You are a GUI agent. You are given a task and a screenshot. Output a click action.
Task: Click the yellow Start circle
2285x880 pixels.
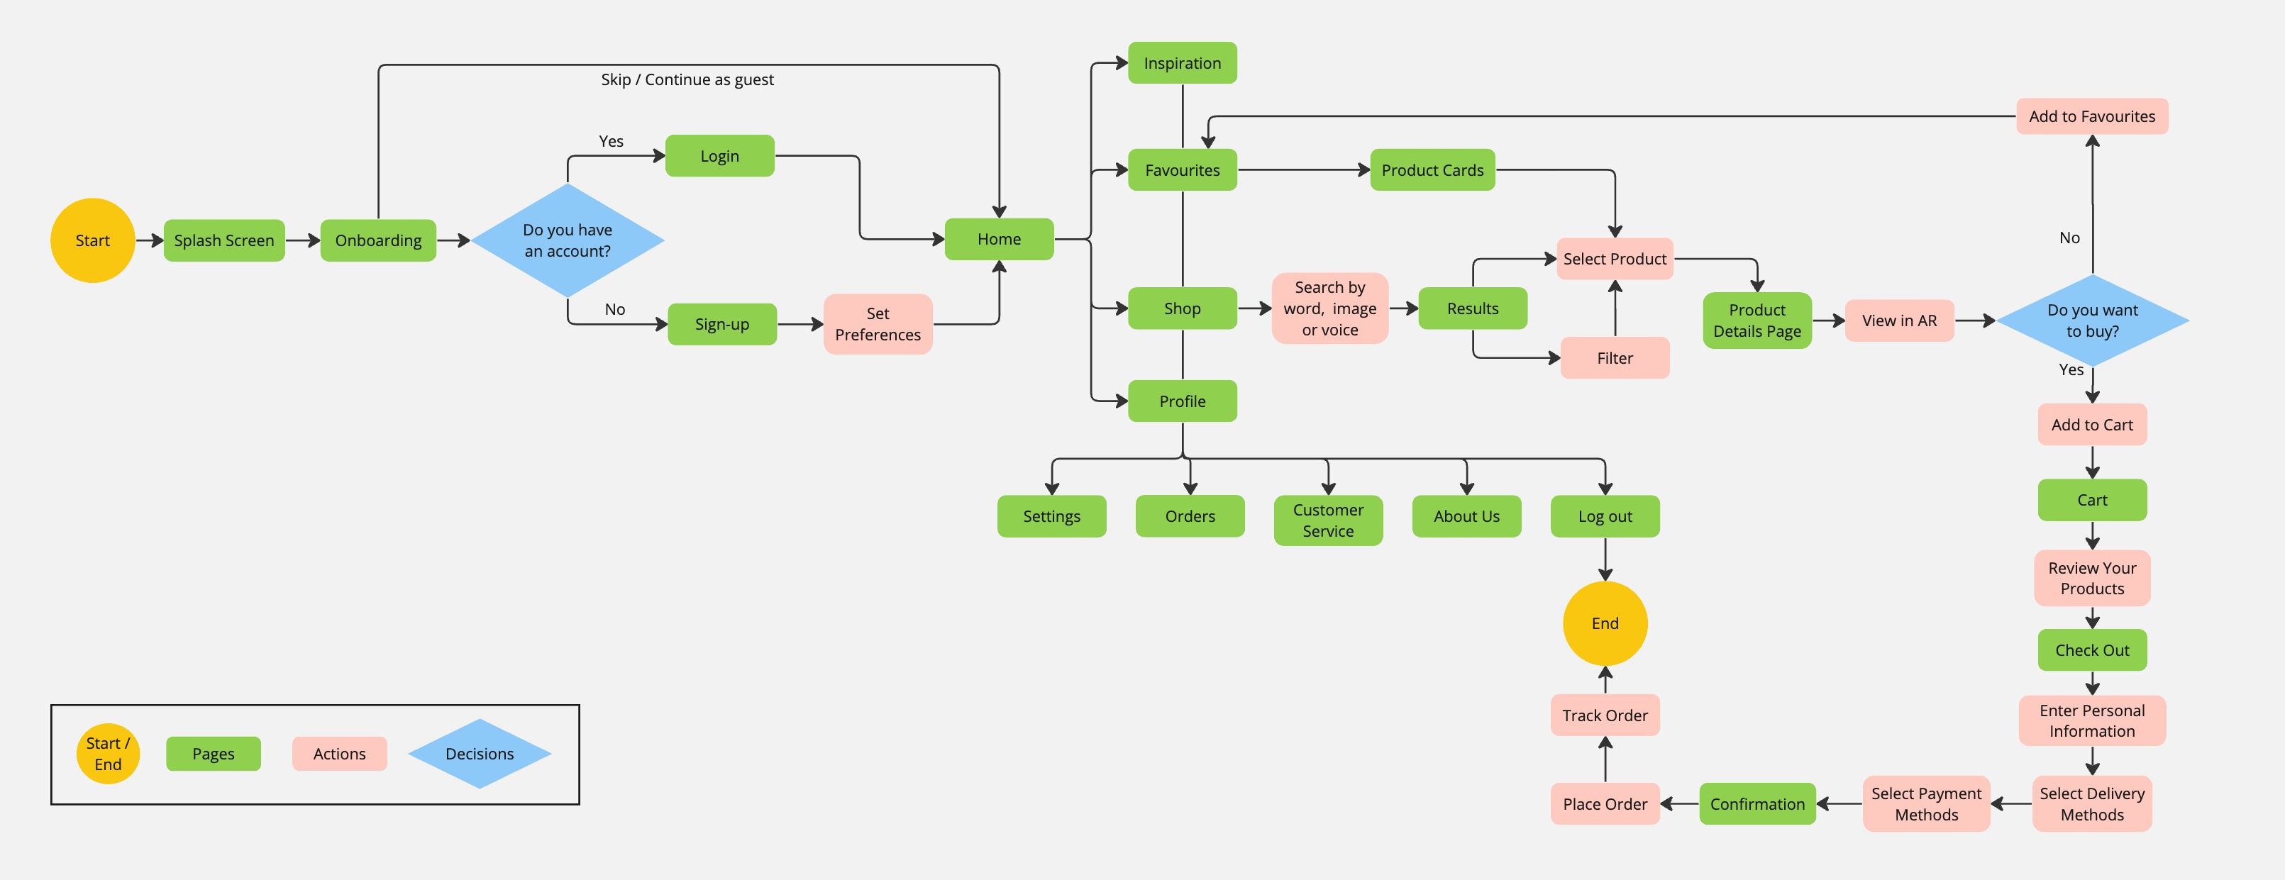coord(92,240)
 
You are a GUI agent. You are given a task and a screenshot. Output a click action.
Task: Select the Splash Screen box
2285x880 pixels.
coord(223,240)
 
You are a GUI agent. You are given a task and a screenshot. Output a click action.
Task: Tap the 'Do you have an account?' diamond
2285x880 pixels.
coord(567,240)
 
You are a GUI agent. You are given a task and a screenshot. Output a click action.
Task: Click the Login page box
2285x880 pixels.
coord(719,156)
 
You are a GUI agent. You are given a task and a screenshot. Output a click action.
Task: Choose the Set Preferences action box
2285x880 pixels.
coord(878,324)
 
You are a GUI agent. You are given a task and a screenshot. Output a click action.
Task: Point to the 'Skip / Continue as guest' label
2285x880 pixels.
coord(687,80)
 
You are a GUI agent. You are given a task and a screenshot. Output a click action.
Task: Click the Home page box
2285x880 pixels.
coord(999,239)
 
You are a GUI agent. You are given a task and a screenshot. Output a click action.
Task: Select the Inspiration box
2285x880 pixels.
coord(1182,63)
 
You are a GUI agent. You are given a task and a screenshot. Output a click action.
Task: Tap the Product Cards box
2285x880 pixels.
coord(1432,169)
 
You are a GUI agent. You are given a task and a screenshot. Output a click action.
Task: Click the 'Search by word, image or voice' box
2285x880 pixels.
coord(1329,308)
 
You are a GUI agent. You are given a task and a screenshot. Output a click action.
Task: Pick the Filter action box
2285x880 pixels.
coord(1615,357)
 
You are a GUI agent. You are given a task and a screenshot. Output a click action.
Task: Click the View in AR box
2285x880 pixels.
coord(1899,321)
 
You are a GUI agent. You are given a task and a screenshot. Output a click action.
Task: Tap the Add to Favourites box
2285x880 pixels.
coord(2091,116)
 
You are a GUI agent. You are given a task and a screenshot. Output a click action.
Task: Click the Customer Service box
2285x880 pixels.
coord(1328,520)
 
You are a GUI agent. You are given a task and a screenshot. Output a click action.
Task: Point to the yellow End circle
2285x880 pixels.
coord(1605,623)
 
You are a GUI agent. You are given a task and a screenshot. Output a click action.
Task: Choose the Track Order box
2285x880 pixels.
coord(1605,715)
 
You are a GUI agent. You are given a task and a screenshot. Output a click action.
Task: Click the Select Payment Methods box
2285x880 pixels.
coord(1926,803)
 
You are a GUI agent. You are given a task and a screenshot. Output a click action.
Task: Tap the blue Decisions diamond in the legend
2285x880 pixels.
coord(479,753)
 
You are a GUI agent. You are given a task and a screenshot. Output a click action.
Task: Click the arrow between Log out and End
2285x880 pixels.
coord(1605,559)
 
